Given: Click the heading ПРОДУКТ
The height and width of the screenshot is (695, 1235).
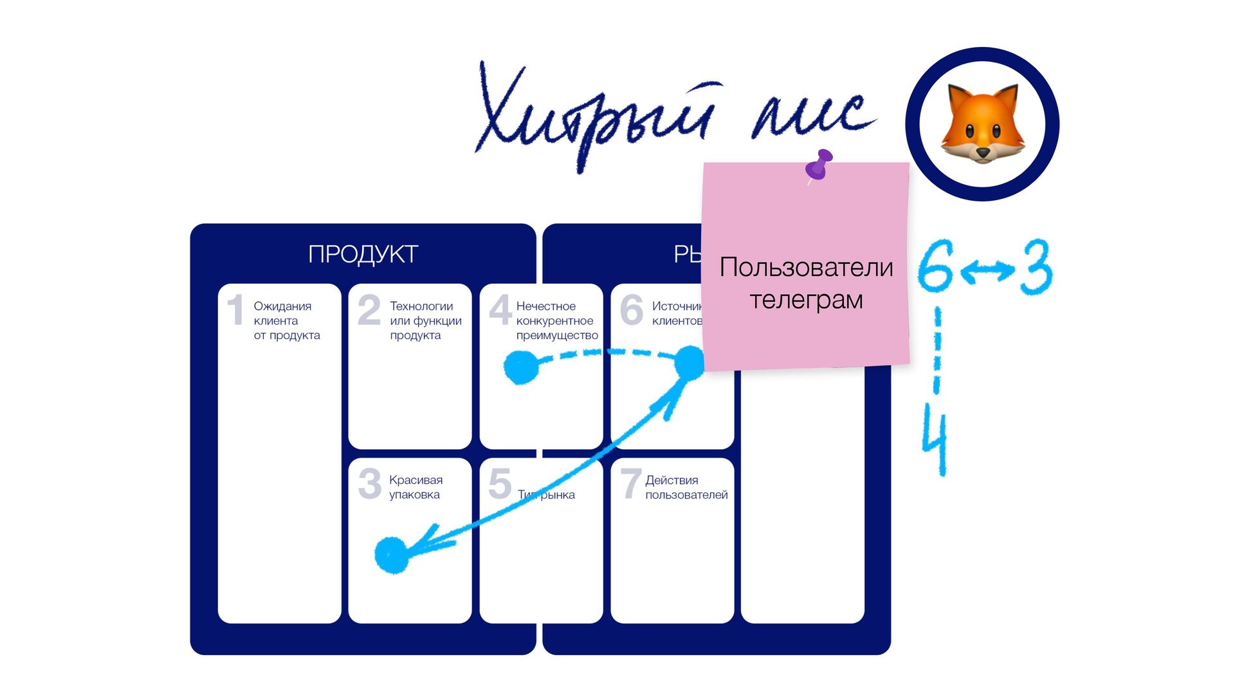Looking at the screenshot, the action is [363, 254].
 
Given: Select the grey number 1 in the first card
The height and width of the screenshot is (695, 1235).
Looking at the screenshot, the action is [235, 310].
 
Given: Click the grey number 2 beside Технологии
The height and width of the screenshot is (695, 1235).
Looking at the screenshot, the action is [369, 310].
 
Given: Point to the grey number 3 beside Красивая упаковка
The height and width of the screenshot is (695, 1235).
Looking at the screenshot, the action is [370, 484].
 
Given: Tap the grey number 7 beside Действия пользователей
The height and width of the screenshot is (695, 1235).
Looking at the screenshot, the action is [630, 484].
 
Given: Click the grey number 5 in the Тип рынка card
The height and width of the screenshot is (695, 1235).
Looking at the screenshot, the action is [500, 484].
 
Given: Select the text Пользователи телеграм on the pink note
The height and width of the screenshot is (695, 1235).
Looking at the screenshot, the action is [806, 283].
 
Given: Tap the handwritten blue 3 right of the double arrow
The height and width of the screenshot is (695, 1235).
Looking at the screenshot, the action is [1036, 267].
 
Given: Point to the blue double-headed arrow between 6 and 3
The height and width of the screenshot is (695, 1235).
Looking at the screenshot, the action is [987, 270].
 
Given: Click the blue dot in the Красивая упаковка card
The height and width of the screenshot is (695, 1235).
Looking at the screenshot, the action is [391, 555].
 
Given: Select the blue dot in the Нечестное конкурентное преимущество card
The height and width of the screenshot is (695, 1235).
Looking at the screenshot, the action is [520, 367].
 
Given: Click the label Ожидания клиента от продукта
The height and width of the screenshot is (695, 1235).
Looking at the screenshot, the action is [286, 320].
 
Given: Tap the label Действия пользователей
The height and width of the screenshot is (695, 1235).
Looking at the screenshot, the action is [686, 487].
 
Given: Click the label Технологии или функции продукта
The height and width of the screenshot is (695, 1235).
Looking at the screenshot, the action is [425, 320].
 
